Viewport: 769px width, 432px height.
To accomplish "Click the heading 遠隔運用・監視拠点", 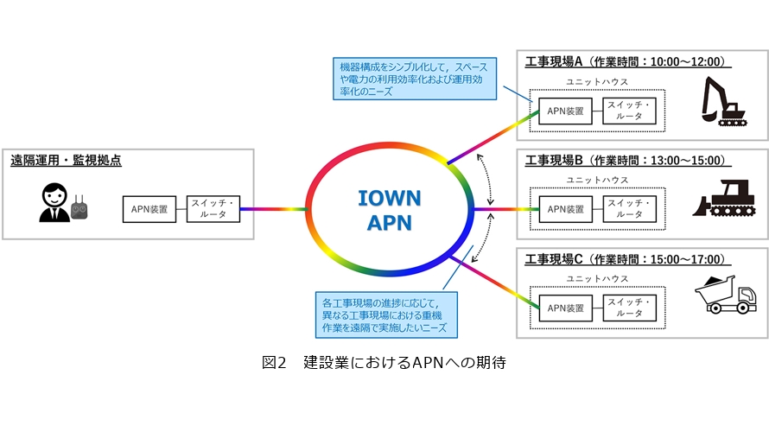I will tap(66, 160).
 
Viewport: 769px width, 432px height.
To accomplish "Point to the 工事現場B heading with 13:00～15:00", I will tap(628, 161).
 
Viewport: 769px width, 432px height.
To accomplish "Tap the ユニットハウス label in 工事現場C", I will tap(598, 278).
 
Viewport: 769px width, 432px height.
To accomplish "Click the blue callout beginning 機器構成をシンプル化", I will tap(413, 78).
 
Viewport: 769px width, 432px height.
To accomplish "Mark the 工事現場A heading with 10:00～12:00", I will tap(628, 62).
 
